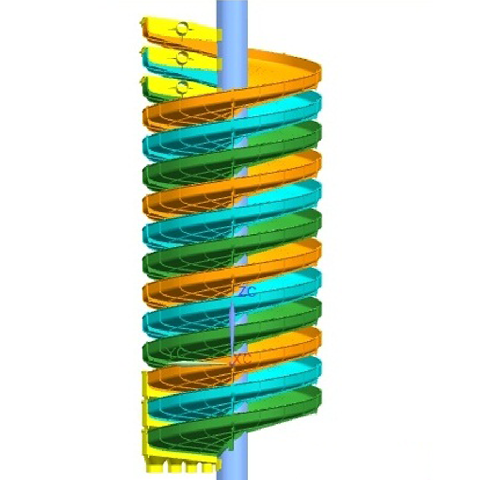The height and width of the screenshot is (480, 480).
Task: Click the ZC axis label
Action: click(247, 292)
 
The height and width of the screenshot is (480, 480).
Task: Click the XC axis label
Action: click(243, 360)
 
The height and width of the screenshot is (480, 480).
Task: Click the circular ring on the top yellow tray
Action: click(182, 28)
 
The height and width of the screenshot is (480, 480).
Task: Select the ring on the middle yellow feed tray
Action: click(182, 57)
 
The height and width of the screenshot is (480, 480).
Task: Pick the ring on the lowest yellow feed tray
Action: click(181, 87)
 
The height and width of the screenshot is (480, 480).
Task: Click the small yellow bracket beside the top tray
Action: click(219, 35)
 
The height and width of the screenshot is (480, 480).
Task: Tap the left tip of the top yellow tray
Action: click(143, 23)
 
